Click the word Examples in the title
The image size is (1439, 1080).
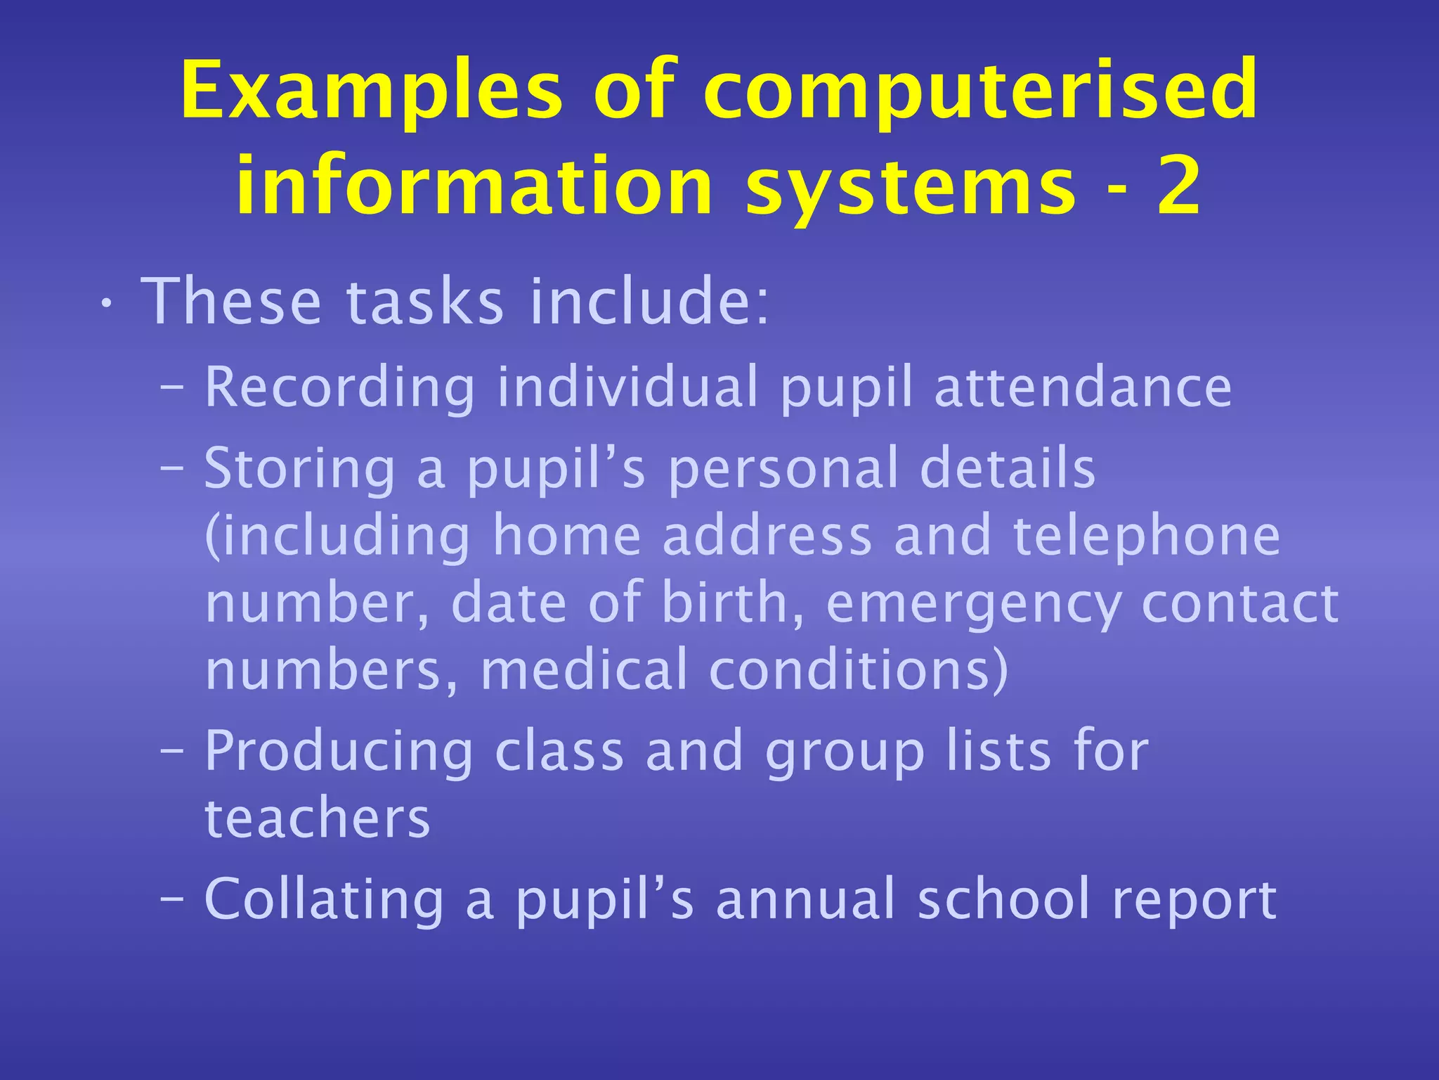click(x=371, y=90)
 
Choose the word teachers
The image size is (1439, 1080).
click(x=317, y=818)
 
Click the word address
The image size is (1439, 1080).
click(x=767, y=536)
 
